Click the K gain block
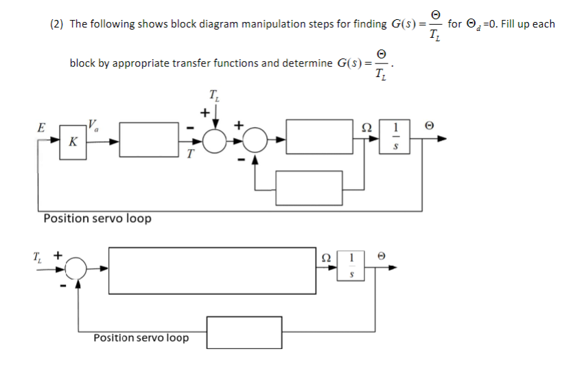pos(72,141)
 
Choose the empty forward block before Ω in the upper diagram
pos(318,136)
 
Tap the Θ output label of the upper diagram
pos(430,126)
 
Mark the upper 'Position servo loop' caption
pos(97,219)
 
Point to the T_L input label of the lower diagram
pos(37,255)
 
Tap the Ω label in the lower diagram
pos(327,256)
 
